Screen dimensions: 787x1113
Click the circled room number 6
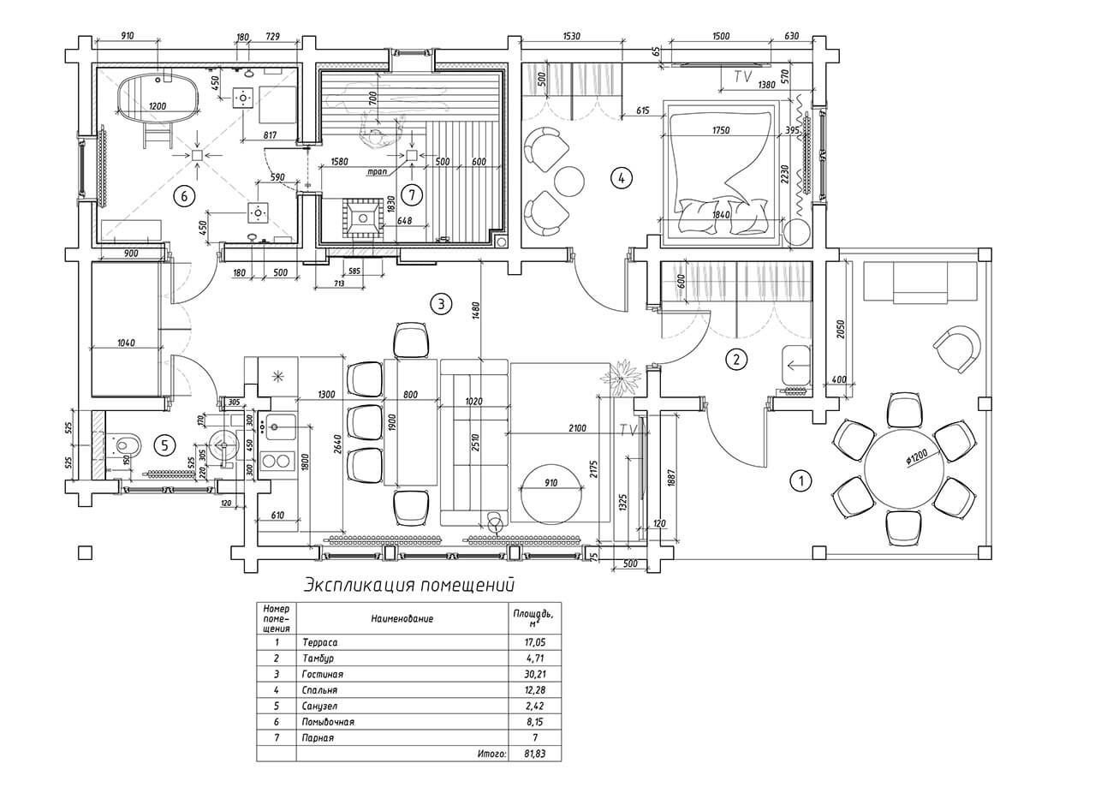[182, 195]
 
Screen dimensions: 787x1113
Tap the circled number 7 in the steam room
[411, 195]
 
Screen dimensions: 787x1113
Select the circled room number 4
[621, 178]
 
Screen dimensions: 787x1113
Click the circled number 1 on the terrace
[800, 480]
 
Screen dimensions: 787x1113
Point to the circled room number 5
[164, 444]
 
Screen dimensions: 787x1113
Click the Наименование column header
[402, 617]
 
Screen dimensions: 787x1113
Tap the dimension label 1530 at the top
[573, 37]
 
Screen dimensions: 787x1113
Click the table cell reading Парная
[318, 737]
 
